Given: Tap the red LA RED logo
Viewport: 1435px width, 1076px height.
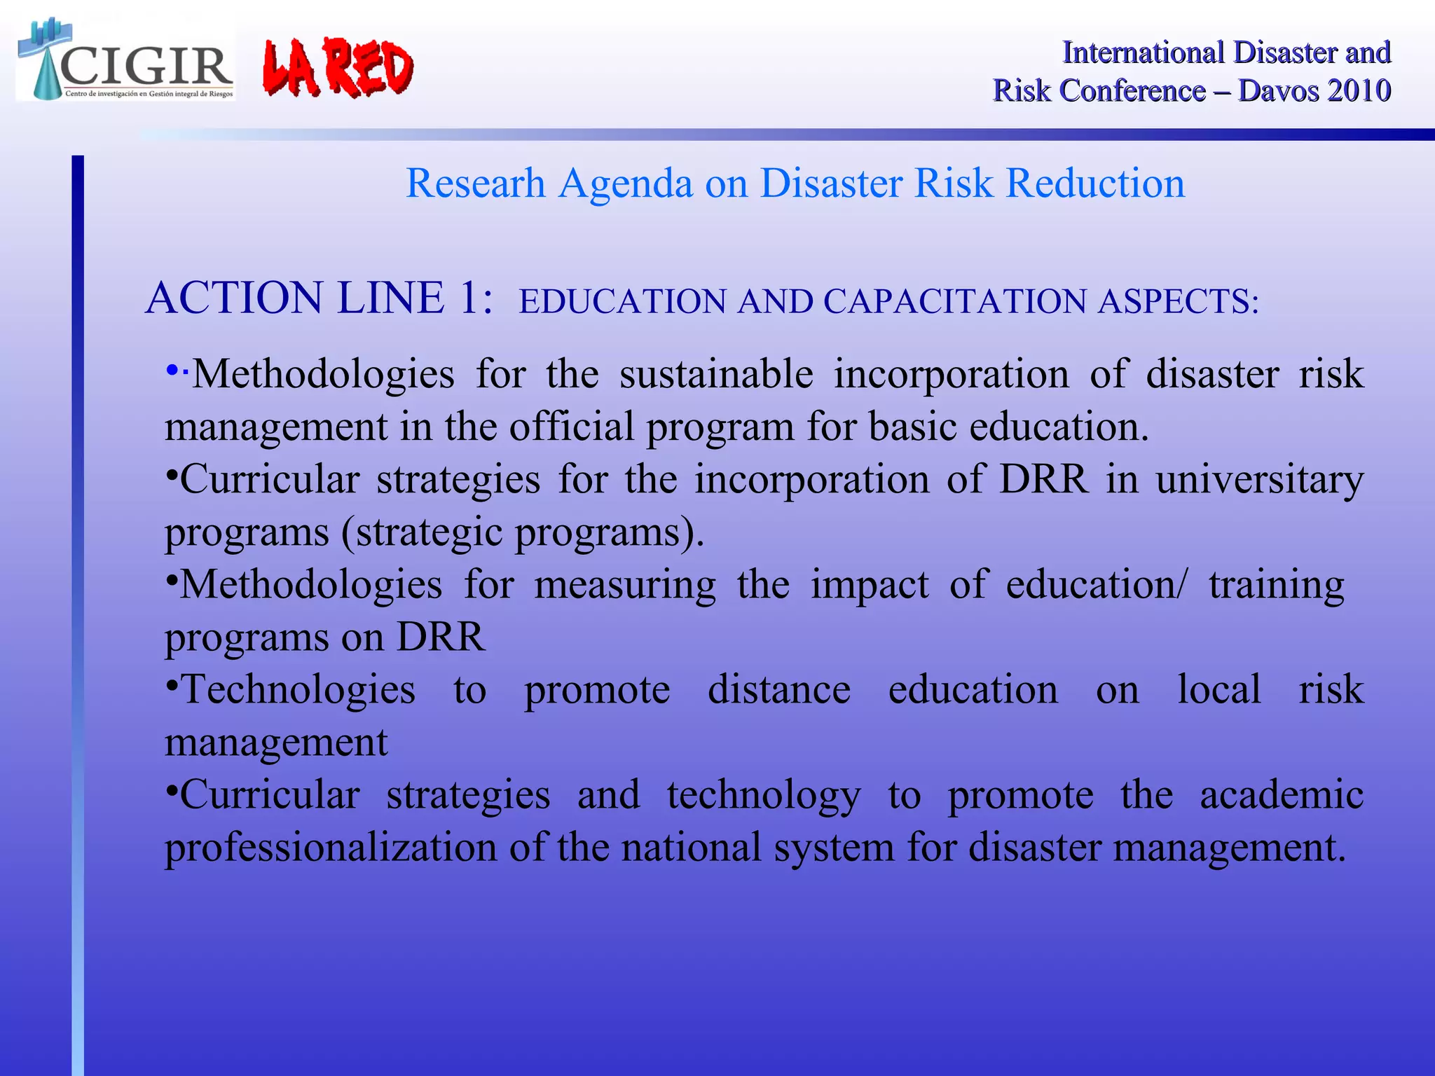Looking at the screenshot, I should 338,68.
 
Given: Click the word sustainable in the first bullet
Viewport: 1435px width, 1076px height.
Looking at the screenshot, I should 716,373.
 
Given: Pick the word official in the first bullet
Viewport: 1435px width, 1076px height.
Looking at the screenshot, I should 571,426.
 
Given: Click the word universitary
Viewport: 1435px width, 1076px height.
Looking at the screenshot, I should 1259,479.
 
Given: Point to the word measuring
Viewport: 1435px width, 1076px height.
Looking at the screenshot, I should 624,584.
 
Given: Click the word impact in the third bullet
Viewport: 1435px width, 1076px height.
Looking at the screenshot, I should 869,586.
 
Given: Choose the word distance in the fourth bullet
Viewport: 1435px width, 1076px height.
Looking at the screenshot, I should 778,689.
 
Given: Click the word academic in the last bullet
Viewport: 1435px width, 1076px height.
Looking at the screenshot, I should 1281,794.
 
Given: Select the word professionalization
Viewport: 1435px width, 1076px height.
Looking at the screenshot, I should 331,848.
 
